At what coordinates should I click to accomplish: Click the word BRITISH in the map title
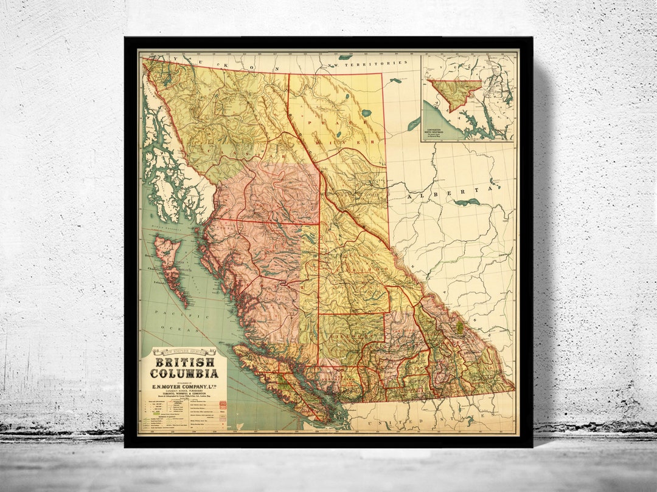[x=184, y=362]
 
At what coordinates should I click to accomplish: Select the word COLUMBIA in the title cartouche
[x=184, y=373]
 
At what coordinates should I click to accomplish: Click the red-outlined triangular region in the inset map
[x=454, y=92]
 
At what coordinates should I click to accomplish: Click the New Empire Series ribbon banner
[x=184, y=351]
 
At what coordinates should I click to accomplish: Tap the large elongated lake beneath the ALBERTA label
[x=466, y=203]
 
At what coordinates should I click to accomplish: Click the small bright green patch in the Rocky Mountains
[x=459, y=327]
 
